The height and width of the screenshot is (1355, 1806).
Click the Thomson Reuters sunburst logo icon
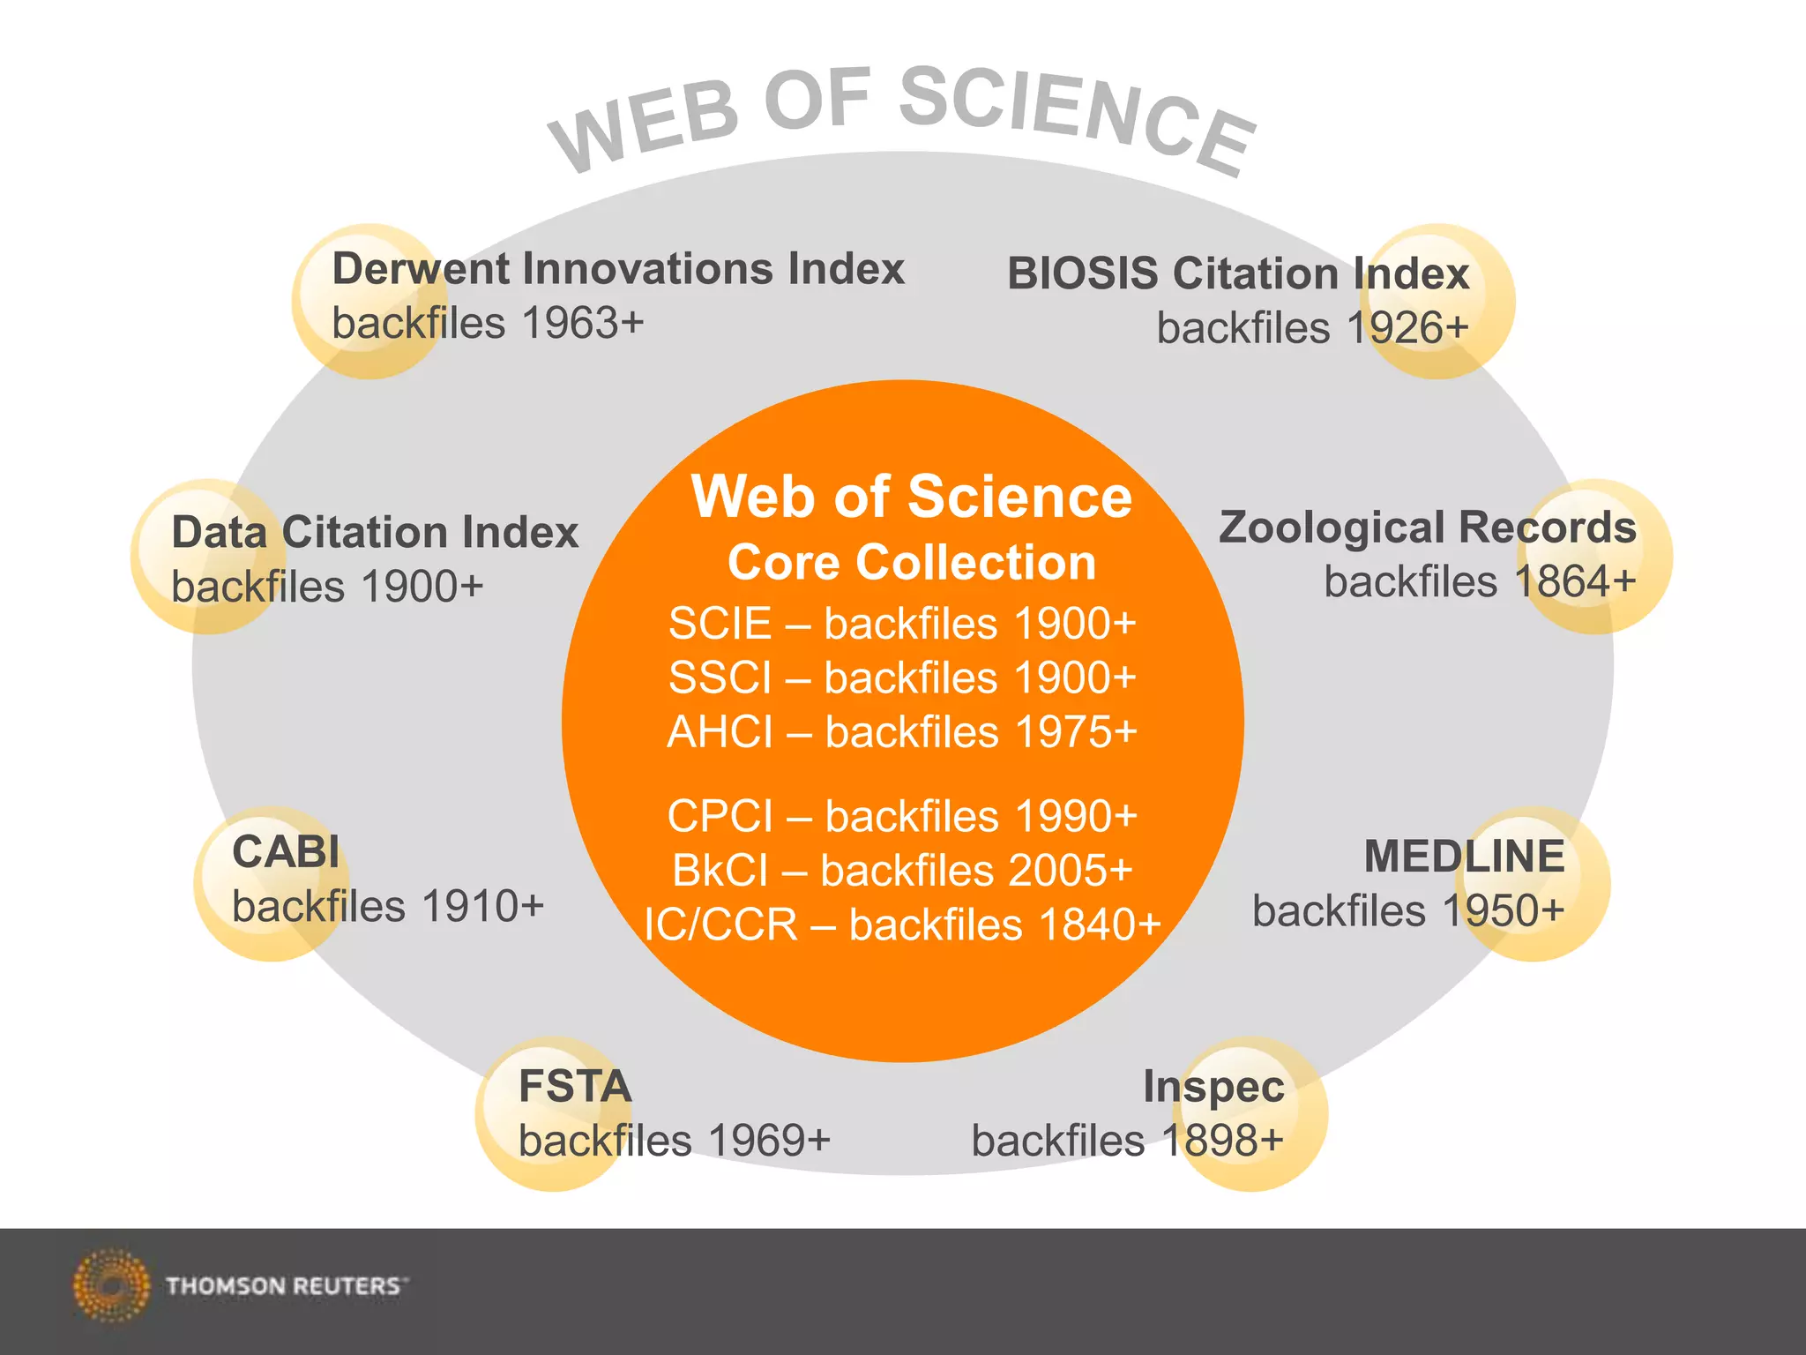point(111,1285)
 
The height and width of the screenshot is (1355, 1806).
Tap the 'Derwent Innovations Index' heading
point(618,269)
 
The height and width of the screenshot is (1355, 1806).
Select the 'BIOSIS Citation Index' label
point(1237,273)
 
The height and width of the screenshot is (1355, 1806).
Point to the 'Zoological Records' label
point(1427,528)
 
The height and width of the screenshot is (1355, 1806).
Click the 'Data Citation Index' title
point(375,533)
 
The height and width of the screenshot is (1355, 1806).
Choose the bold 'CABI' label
point(286,852)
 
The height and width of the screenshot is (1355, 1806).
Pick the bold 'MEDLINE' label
point(1464,857)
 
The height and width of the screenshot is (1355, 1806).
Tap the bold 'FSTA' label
point(575,1086)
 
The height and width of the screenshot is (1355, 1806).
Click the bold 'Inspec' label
point(1213,1087)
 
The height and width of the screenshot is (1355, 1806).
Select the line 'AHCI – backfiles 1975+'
point(902,732)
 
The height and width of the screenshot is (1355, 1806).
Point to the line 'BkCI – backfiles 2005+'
point(902,871)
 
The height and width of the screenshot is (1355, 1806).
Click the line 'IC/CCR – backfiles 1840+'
point(902,925)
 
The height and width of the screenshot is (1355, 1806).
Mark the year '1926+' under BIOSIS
point(1407,328)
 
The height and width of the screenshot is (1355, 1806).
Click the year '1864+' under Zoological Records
point(1575,582)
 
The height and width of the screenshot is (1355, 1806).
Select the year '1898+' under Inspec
point(1222,1141)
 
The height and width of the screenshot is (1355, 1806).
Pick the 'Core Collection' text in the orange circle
point(912,563)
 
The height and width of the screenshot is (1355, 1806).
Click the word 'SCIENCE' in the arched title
point(1076,119)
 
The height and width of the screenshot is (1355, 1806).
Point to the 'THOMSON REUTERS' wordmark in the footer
point(284,1286)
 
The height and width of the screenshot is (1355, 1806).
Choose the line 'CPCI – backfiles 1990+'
point(902,816)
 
